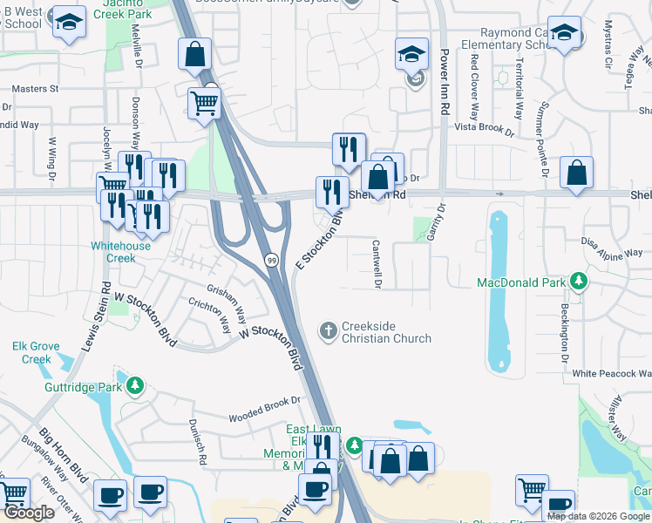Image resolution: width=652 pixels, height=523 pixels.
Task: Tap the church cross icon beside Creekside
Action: click(x=328, y=330)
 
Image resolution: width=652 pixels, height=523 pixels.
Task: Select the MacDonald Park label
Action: click(x=521, y=282)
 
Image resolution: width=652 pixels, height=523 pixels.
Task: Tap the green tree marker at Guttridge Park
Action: click(x=135, y=385)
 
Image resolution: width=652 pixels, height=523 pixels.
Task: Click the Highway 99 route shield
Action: click(x=272, y=261)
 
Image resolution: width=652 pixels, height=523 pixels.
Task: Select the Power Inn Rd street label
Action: click(x=444, y=84)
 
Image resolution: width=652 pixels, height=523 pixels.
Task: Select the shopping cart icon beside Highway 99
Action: click(x=204, y=103)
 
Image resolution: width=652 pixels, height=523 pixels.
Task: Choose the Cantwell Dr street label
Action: click(x=377, y=264)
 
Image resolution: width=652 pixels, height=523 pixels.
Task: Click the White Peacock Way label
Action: click(x=611, y=373)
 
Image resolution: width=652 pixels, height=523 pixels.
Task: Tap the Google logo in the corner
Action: click(x=29, y=513)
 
